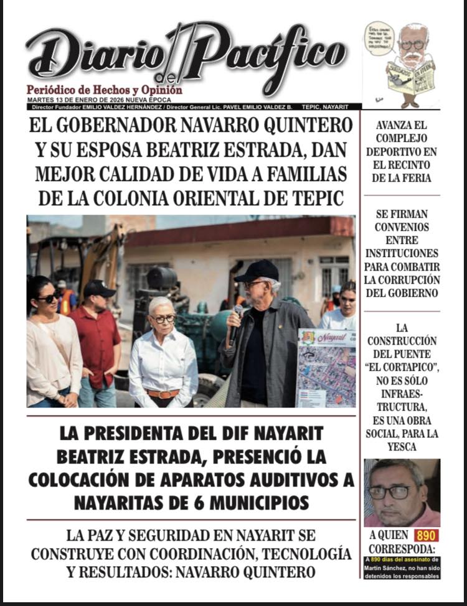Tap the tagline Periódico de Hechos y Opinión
coord(104,90)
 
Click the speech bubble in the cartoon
coord(379,39)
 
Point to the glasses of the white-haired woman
coord(163,318)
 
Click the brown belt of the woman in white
coord(163,393)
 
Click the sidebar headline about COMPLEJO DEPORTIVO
coord(401,151)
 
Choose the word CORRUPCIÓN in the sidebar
coord(401,280)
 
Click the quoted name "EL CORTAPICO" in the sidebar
coord(402,367)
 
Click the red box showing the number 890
coord(426,535)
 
